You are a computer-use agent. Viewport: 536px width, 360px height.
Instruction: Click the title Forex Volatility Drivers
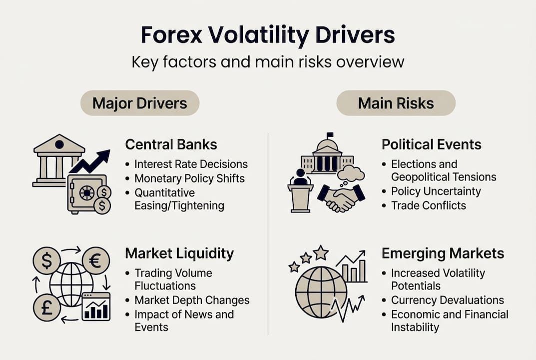[268, 35]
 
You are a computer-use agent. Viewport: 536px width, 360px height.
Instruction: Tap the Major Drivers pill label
[140, 103]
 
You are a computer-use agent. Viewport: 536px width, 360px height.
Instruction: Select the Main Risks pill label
[396, 103]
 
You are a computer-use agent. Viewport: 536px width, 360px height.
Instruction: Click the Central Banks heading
[171, 145]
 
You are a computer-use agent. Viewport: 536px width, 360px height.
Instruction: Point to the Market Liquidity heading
[179, 253]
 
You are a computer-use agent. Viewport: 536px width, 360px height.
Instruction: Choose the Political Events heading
[431, 145]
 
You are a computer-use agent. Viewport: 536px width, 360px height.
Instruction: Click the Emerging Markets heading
[443, 253]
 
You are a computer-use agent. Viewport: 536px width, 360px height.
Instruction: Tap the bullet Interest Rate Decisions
[191, 164]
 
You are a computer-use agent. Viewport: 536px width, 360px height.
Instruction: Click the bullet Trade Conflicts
[428, 205]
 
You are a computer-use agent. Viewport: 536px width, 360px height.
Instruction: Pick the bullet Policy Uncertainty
[436, 191]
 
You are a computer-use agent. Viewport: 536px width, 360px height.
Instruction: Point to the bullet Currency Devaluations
[447, 300]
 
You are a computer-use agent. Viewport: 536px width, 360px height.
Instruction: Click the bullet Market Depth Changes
[192, 300]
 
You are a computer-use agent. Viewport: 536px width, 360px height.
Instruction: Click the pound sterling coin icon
[46, 308]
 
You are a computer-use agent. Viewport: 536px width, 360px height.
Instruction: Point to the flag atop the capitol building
[329, 135]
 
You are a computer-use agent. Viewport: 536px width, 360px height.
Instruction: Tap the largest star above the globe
[320, 253]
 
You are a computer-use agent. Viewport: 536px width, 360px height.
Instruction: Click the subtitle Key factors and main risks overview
[268, 62]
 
